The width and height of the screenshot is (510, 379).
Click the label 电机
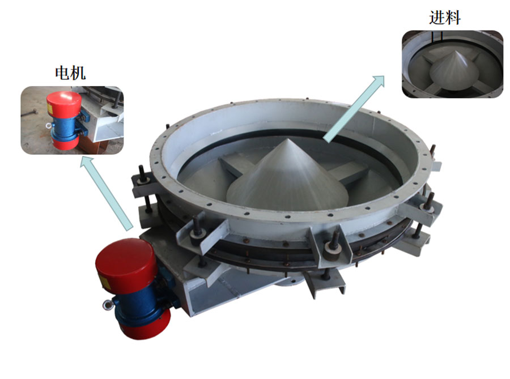pyautogui.click(x=70, y=73)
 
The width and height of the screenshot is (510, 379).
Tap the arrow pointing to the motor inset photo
pyautogui.click(x=107, y=193)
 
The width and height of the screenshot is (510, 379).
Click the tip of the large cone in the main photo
pyautogui.click(x=288, y=139)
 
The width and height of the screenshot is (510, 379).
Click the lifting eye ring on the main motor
pyautogui.click(x=107, y=305)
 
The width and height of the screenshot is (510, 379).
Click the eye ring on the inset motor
pyautogui.click(x=49, y=125)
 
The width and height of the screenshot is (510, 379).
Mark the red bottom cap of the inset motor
pyautogui.click(x=66, y=143)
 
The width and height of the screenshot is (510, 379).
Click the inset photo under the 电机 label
pyautogui.click(x=72, y=120)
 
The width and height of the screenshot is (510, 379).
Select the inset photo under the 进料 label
pyautogui.click(x=452, y=64)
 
